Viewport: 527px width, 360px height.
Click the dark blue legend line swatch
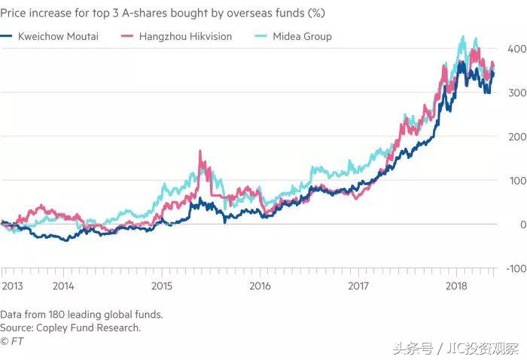pyautogui.click(x=9, y=36)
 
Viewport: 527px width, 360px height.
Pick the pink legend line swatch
pyautogui.click(x=133, y=36)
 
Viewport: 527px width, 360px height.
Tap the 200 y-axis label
pyautogui.click(x=516, y=136)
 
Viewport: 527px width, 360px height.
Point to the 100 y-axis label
pyautogui.click(x=516, y=180)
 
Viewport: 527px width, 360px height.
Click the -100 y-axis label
pyautogui.click(x=514, y=268)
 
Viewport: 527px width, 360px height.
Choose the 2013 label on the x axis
pyautogui.click(x=13, y=286)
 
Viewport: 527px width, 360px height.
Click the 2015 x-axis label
pyautogui.click(x=161, y=286)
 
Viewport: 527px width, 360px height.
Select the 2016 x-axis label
pyautogui.click(x=260, y=286)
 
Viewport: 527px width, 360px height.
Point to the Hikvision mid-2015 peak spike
pyautogui.click(x=200, y=152)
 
